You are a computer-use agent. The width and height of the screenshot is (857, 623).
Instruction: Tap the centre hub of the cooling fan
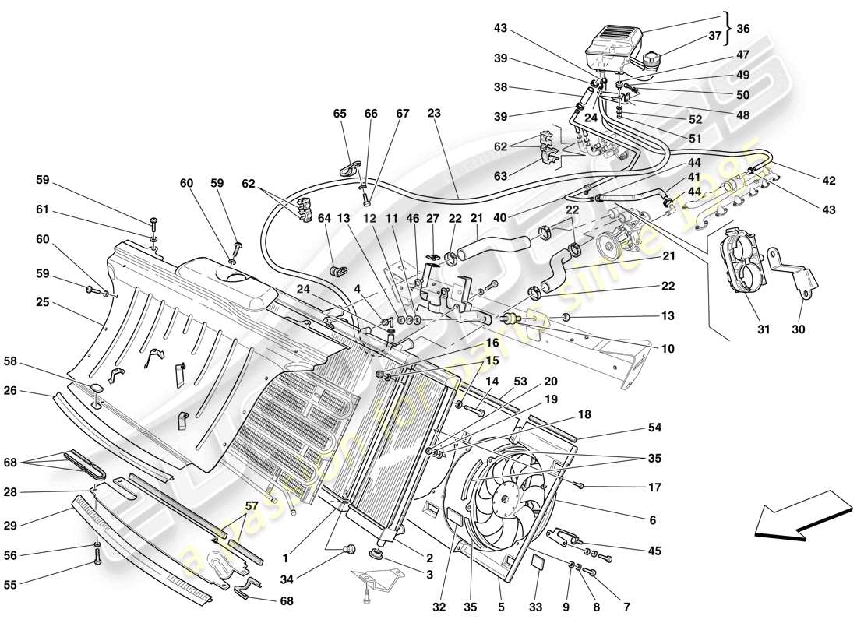pyautogui.click(x=510, y=494)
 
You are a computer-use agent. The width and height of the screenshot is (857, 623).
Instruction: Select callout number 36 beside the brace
pyautogui.click(x=743, y=28)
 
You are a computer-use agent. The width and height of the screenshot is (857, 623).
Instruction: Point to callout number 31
pyautogui.click(x=763, y=329)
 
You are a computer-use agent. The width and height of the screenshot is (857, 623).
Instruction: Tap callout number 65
pyautogui.click(x=340, y=114)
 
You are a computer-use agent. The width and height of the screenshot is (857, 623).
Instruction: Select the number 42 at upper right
pyautogui.click(x=827, y=181)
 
